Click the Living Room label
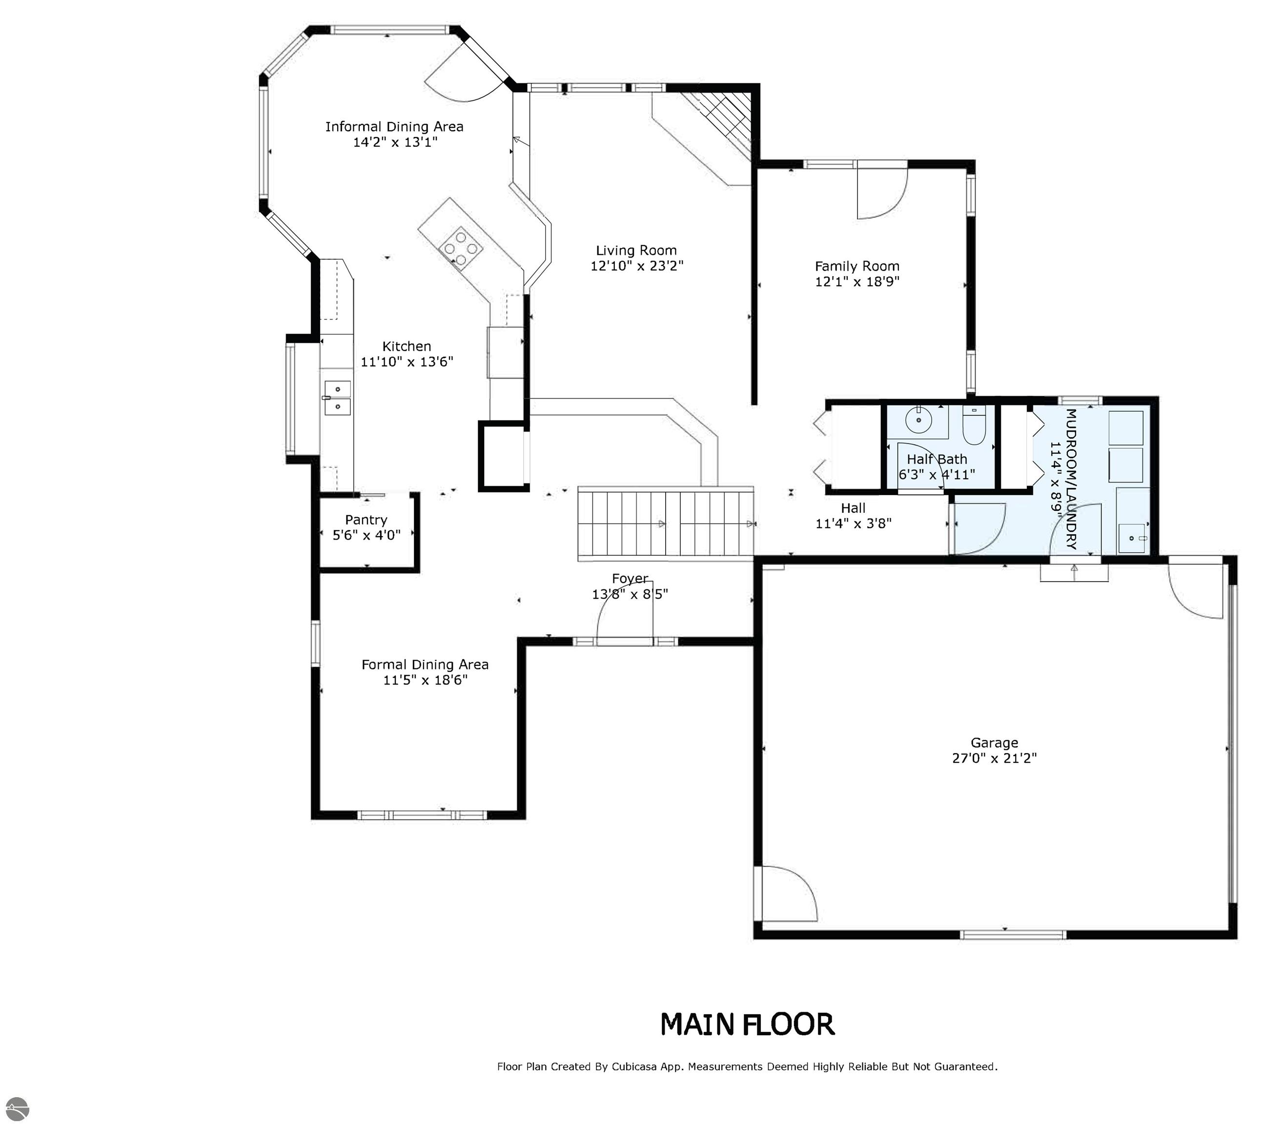tap(636, 251)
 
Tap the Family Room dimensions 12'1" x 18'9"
tap(857, 281)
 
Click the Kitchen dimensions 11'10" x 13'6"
tap(407, 362)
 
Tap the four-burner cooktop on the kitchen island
tap(461, 248)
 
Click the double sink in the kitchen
tap(338, 398)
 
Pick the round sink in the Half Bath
tap(918, 419)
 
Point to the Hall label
tap(853, 508)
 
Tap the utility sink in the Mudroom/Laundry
tap(1134, 538)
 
